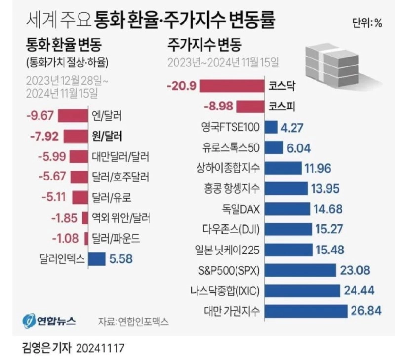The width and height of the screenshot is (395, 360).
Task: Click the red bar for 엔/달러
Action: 73,116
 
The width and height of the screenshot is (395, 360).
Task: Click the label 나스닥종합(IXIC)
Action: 226,290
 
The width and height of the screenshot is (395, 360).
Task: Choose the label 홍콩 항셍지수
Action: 230,188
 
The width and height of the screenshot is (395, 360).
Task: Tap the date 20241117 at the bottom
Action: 101,348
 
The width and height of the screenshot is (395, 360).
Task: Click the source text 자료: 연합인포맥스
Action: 133,322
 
